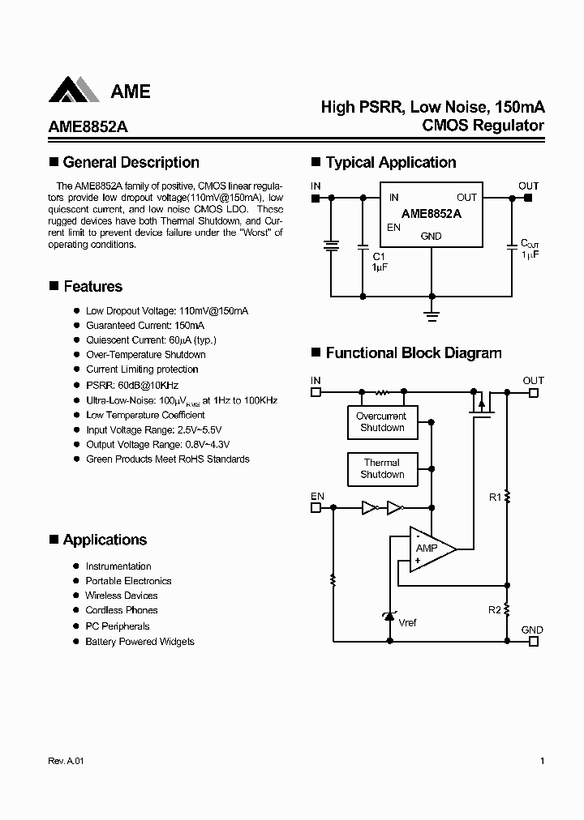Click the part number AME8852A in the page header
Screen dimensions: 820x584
(x=82, y=126)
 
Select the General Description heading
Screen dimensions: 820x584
(x=131, y=162)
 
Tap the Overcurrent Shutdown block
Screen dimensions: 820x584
(x=382, y=422)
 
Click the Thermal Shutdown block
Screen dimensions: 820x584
(x=382, y=468)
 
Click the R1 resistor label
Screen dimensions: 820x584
(x=495, y=498)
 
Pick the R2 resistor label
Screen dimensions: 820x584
(x=495, y=609)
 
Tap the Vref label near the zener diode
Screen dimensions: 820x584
(x=408, y=622)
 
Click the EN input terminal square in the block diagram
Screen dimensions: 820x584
(x=316, y=508)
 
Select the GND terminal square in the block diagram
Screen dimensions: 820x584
(x=533, y=641)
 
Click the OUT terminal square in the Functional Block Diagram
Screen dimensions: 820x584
(x=533, y=392)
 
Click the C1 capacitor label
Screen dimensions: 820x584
(x=379, y=257)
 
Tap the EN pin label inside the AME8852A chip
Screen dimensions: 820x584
(x=393, y=228)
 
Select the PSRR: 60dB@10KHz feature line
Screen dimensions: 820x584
(x=131, y=385)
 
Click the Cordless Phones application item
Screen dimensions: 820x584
(x=122, y=610)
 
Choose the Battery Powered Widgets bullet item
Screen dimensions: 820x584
(x=140, y=641)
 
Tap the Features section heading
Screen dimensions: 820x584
(x=92, y=286)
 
